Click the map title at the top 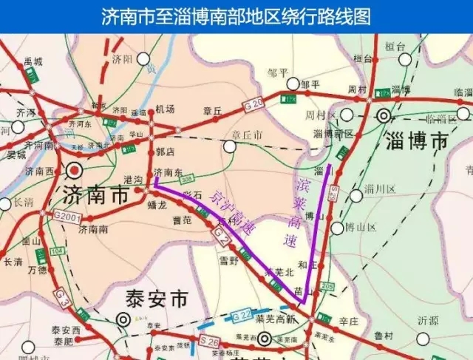(236, 16)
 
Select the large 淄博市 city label (418, 140)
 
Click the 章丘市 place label (247, 135)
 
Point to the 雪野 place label (228, 259)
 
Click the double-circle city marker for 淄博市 (384, 115)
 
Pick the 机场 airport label (166, 109)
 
